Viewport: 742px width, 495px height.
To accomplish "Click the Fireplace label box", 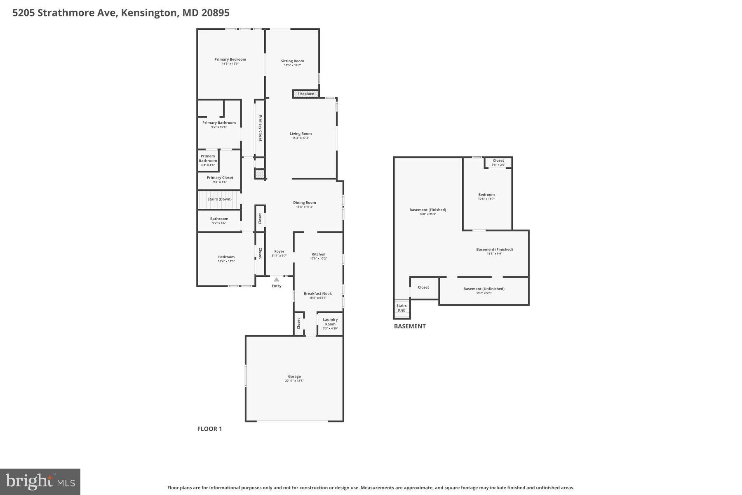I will point(306,94).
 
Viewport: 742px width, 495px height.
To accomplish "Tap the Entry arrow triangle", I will point(277,280).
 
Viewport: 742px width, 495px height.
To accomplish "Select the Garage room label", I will point(294,377).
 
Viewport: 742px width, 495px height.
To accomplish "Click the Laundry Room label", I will point(330,322).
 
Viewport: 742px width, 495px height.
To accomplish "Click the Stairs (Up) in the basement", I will point(401,308).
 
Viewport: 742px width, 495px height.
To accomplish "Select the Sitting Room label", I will point(293,61).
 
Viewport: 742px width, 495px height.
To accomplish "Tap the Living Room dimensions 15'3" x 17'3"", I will point(301,138).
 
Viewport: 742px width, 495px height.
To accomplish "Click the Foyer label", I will point(279,252).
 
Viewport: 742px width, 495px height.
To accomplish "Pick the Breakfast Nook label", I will point(318,294).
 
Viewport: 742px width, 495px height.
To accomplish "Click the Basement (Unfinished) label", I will point(484,289).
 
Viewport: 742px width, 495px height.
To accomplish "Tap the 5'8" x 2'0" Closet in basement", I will point(498,162).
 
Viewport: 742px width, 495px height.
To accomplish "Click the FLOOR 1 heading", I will point(209,429).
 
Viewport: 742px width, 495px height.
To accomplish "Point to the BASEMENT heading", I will point(409,326).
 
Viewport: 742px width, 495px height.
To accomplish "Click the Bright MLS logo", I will point(40,481).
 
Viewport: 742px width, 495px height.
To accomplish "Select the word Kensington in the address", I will point(149,13).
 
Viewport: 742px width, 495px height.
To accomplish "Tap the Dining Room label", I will point(305,203).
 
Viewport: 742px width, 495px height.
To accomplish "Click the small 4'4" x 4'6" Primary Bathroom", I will point(208,160).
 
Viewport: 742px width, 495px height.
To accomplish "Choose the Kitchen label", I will point(318,255).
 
